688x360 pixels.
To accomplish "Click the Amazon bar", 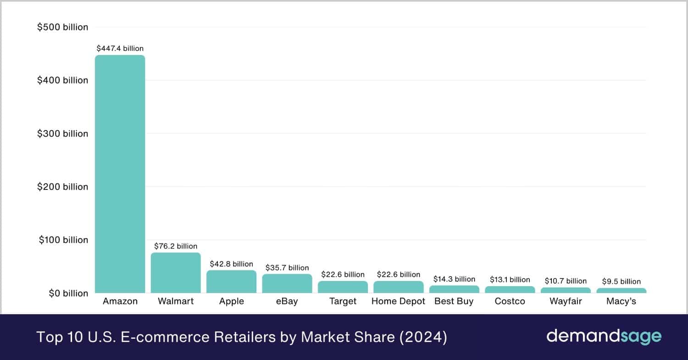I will coord(120,174).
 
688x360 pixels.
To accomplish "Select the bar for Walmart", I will coord(176,273).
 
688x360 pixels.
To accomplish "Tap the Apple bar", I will coord(231,282).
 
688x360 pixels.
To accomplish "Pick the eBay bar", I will coord(287,283).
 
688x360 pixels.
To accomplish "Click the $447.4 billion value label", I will coord(120,48).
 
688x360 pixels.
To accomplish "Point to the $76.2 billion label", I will coord(176,246).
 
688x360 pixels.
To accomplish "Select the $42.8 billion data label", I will coord(231,264).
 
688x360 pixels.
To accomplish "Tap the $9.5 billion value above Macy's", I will coord(621,282).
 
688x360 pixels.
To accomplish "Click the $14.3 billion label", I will coord(454,279).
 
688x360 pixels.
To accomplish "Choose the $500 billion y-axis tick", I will coord(62,27).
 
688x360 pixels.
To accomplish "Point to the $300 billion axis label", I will coord(62,133).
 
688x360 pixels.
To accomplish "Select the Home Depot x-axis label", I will coord(398,301).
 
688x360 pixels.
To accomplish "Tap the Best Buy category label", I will coord(454,301).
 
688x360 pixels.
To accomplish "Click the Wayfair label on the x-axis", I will coord(566,301).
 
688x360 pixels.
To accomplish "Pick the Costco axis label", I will coord(510,301).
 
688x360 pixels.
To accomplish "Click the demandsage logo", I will coord(604,337).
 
